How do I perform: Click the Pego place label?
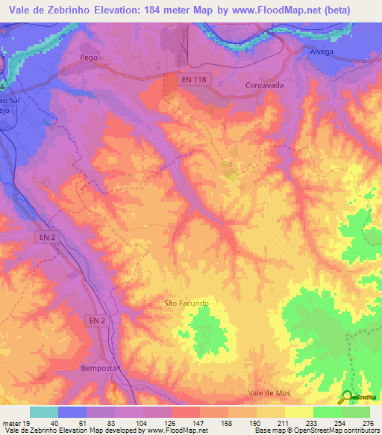[x=89, y=58]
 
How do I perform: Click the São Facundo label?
[x=186, y=303]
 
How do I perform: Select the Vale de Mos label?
[x=268, y=392]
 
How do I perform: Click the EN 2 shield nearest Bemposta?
[x=97, y=320]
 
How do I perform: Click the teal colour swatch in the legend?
[x=44, y=412]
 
